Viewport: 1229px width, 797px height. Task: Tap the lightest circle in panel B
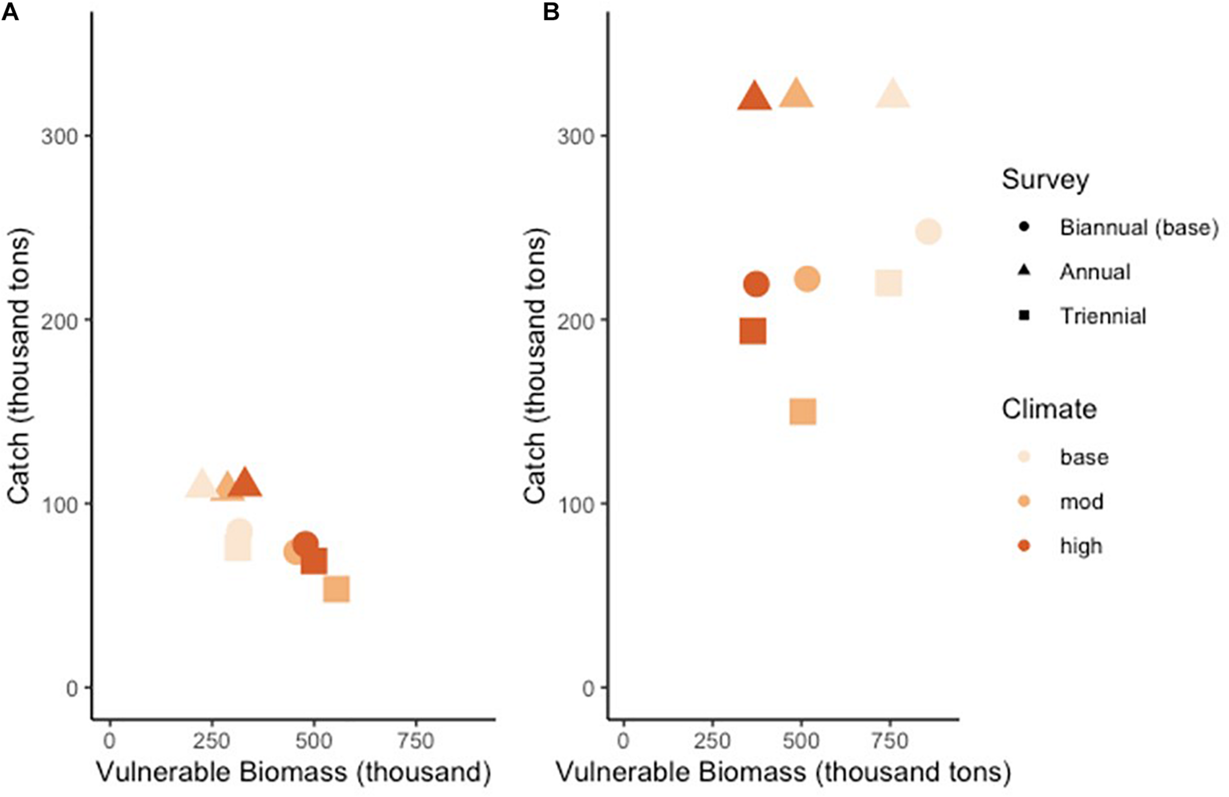click(x=928, y=231)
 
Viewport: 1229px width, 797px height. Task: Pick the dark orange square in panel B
click(x=752, y=331)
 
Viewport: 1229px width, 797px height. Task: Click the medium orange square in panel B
click(x=803, y=411)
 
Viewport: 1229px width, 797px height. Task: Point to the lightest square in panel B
click(x=888, y=284)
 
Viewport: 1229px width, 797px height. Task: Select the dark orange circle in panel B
click(x=757, y=284)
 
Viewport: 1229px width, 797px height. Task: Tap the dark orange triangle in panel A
click(x=245, y=484)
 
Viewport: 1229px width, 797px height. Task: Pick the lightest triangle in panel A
click(x=202, y=485)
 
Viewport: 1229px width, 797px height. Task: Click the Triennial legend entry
click(x=1103, y=316)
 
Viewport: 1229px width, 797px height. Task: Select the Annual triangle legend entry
click(x=1095, y=272)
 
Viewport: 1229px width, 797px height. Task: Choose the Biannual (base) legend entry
click(x=1139, y=227)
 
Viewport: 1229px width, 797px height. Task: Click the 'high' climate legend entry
click(x=1081, y=545)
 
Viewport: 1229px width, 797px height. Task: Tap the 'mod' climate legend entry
click(x=1082, y=501)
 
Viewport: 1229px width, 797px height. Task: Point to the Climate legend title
click(x=1049, y=409)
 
